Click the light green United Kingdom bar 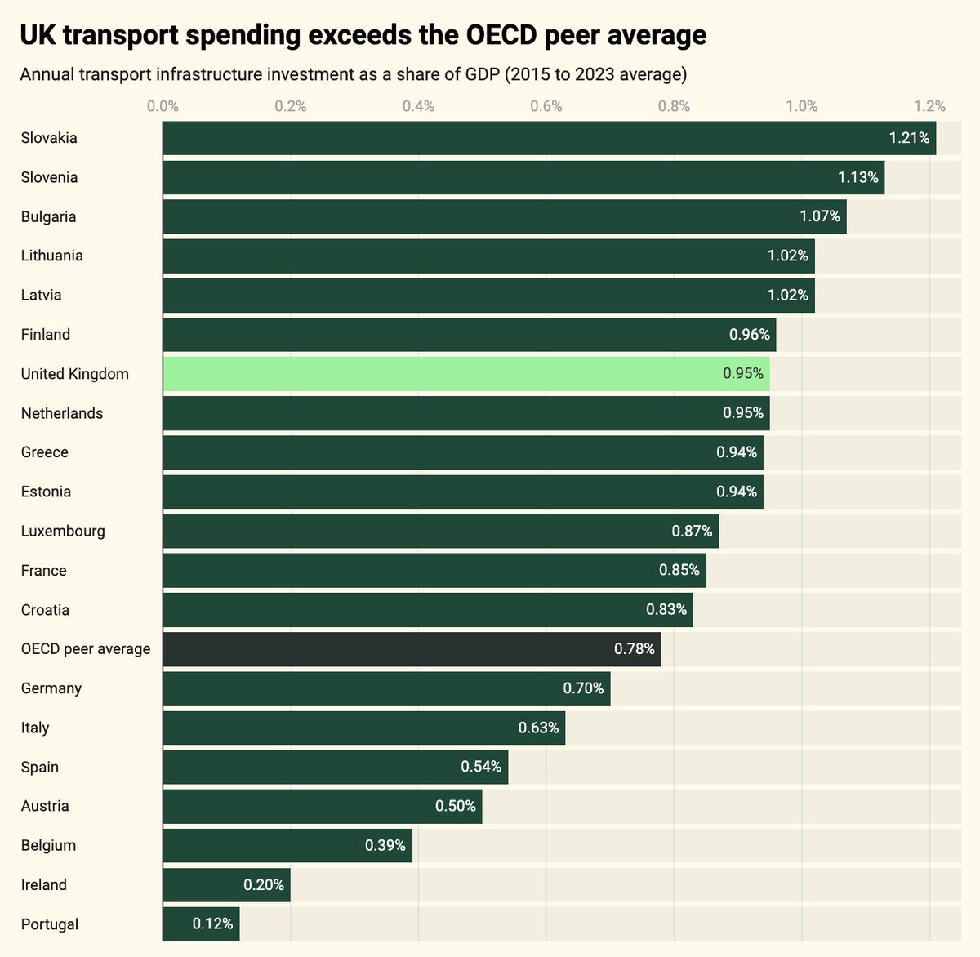466,373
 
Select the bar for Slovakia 550,138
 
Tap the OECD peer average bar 412,649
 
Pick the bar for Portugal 201,924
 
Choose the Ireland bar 226,884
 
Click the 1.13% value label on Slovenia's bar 858,177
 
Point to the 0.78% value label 634,649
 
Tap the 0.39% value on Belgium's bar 385,845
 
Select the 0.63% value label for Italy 538,728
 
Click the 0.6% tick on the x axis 546,106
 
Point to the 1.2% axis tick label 929,106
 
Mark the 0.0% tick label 163,106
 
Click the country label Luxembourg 63,531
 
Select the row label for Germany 51,688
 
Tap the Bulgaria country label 48,217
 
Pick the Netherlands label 62,413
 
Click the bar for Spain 336,767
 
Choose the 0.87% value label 692,531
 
